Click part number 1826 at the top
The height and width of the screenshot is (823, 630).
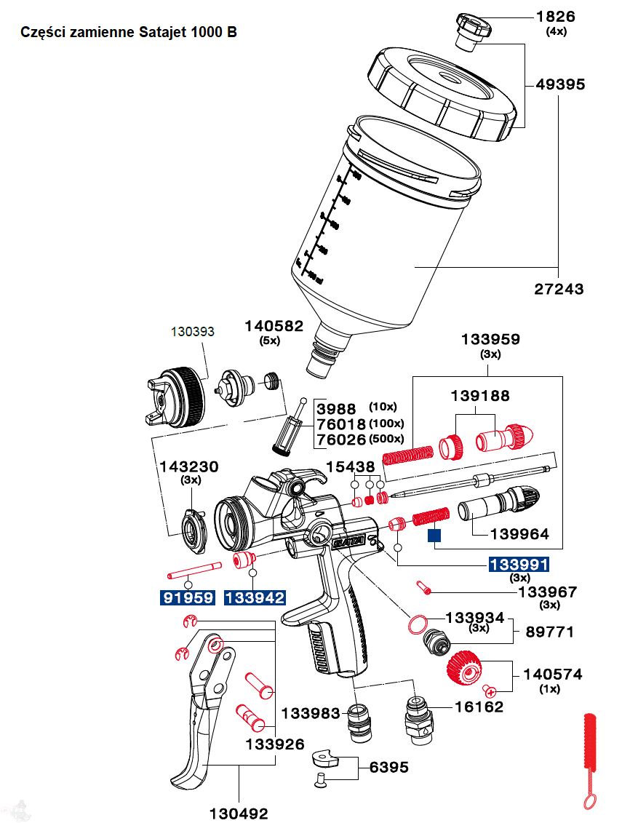point(557,16)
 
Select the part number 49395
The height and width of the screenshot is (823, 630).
point(560,84)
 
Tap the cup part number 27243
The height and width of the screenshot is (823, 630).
point(559,289)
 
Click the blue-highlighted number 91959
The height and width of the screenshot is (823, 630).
point(188,598)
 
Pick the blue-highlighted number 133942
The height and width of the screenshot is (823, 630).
point(255,598)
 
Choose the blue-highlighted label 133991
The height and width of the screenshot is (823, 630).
point(519,565)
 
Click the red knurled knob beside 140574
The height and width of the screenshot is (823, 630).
point(462,667)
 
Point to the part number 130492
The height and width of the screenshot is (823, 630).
point(239,814)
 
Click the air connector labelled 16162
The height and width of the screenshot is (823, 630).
point(418,717)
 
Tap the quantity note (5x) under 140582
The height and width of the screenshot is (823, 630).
point(270,341)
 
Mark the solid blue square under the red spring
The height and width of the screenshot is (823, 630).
point(434,537)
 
